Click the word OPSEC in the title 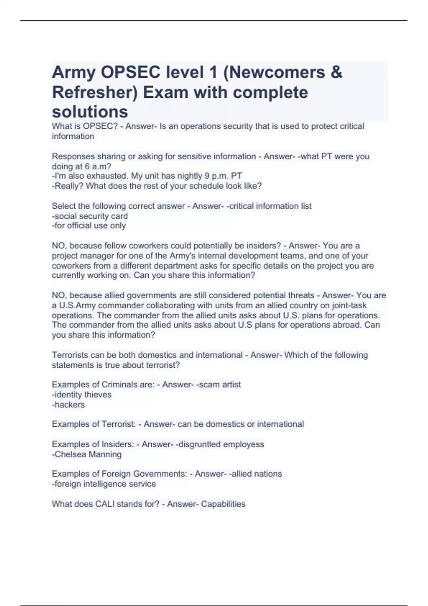click(131, 73)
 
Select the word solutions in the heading click(90, 112)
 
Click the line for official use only click(89, 226)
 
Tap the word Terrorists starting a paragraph click(70, 355)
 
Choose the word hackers click(70, 405)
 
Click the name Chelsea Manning click(88, 454)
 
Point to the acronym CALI click(104, 504)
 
